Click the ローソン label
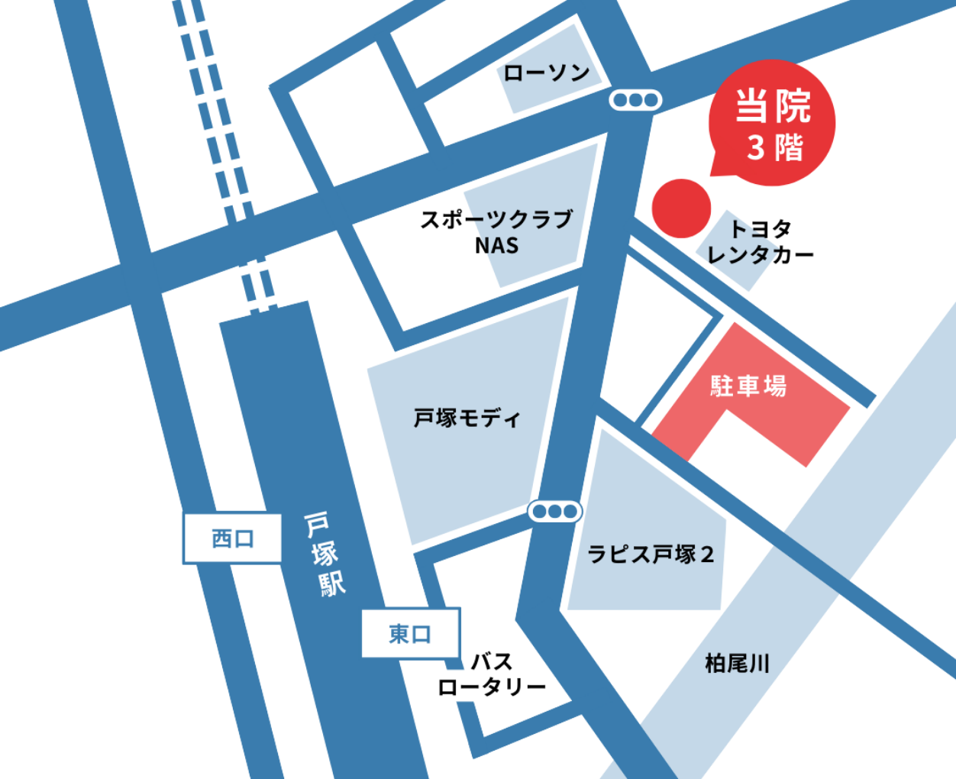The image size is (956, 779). (547, 73)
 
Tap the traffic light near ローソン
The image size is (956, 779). (635, 100)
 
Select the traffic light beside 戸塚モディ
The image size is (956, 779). (555, 511)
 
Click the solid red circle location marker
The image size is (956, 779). (681, 208)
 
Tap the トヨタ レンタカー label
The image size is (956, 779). (761, 241)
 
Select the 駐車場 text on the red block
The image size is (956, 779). (748, 386)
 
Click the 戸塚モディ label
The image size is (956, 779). (467, 418)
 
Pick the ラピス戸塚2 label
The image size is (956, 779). (651, 554)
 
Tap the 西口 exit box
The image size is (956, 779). (232, 538)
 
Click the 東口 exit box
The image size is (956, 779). (410, 633)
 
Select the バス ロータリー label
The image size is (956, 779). (492, 674)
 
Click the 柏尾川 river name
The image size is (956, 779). (737, 663)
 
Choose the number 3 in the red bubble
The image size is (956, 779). (755, 147)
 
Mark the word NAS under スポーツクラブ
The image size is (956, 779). (496, 246)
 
